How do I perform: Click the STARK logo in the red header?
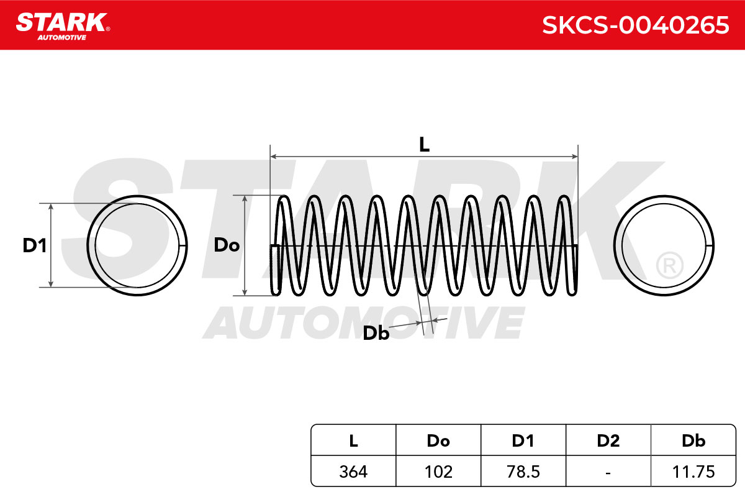point(63,26)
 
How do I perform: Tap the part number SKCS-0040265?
point(635,25)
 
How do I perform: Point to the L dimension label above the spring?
point(424,145)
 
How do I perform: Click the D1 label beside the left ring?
point(35,245)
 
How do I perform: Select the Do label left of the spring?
point(227,245)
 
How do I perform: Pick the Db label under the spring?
point(376,333)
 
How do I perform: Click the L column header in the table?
point(353,440)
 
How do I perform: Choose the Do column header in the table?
point(438,440)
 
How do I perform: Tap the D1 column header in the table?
point(523,440)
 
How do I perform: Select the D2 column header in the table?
point(608,440)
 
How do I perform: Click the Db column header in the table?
point(693,440)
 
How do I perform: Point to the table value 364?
point(353,472)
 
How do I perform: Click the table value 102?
point(438,472)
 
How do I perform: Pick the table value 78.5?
point(523,472)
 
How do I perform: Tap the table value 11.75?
point(693,472)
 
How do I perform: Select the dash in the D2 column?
point(608,473)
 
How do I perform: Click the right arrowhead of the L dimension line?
point(574,157)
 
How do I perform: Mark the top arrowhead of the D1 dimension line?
point(51,207)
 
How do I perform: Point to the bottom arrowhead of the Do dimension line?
point(245,291)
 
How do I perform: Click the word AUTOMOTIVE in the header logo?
point(62,38)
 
